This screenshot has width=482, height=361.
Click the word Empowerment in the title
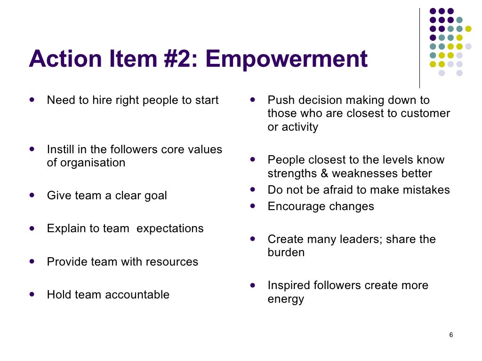[x=286, y=59]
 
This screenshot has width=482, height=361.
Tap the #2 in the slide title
[x=180, y=59]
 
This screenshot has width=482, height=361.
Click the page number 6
[x=451, y=335]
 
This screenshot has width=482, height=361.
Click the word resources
[x=174, y=262]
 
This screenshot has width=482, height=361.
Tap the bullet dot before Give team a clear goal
[x=32, y=195]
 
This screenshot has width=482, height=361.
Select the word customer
[x=426, y=113]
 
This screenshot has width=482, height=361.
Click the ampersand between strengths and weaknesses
[x=324, y=173]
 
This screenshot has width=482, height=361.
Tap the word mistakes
[x=426, y=190]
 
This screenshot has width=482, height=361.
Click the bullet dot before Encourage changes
[x=253, y=206]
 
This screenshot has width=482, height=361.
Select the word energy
[x=286, y=299]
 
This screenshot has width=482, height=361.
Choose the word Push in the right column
[x=278, y=100]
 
